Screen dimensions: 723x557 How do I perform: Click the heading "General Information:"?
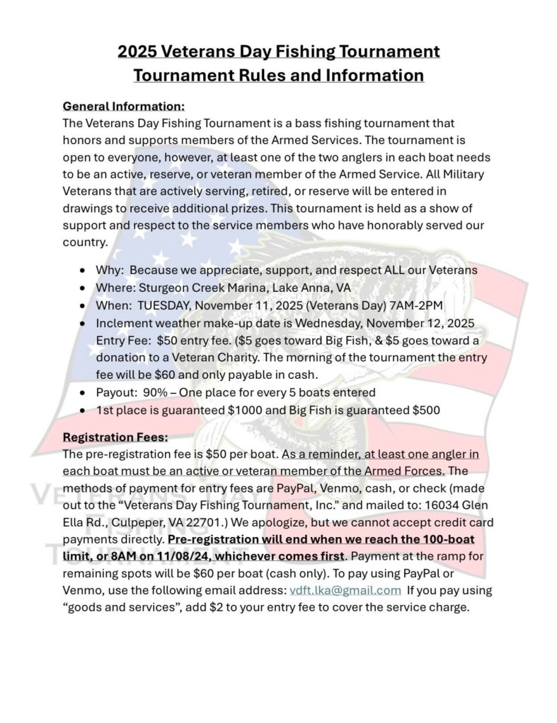[123, 106]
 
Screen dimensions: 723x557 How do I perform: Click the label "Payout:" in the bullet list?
[117, 392]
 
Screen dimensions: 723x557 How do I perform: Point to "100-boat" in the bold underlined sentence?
[443, 539]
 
